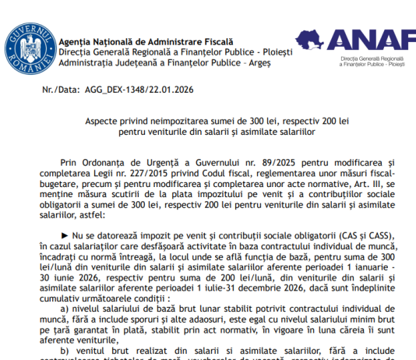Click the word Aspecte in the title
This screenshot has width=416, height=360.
100,124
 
